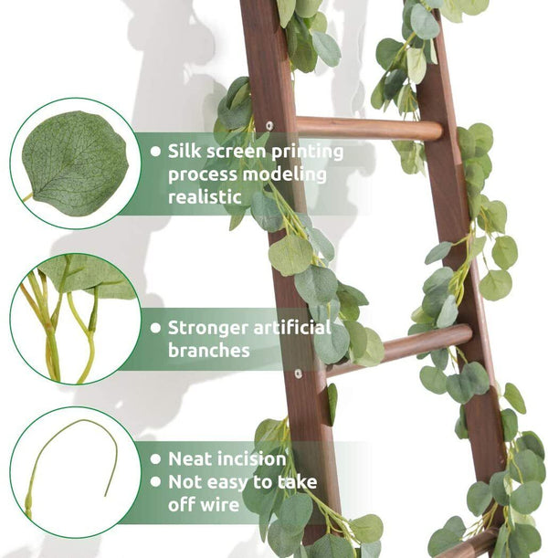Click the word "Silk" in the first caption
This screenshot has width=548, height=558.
pos(184,152)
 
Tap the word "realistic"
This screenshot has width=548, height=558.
pos(204,196)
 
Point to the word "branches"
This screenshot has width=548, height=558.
pos(208,350)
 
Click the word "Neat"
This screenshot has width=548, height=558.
pos(189,458)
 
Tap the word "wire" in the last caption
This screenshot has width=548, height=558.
pos(218,504)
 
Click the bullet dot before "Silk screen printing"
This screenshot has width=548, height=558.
pos(155,152)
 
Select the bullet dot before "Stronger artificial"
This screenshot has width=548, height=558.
pos(155,327)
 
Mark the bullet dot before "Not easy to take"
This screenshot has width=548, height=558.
pos(155,481)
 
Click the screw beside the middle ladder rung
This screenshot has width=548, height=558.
pos(298,373)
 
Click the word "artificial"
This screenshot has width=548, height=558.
pos(290,327)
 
